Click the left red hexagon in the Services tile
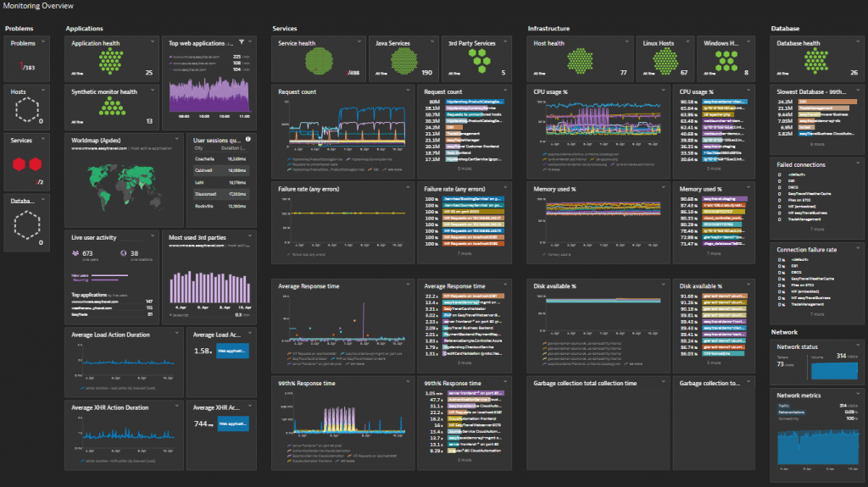19,164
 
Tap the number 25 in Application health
149,73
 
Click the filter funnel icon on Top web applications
242,42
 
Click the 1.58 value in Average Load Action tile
203,351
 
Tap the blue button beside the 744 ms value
234,423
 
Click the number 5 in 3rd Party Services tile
504,73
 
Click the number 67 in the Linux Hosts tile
683,73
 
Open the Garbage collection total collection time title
584,383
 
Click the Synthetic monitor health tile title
104,91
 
